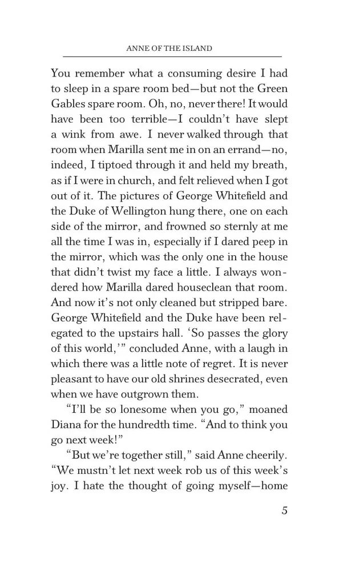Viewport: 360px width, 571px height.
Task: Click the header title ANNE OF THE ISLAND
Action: click(168, 49)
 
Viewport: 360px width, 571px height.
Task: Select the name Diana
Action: click(66, 425)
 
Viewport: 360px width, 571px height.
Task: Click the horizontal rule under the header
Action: click(172, 57)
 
